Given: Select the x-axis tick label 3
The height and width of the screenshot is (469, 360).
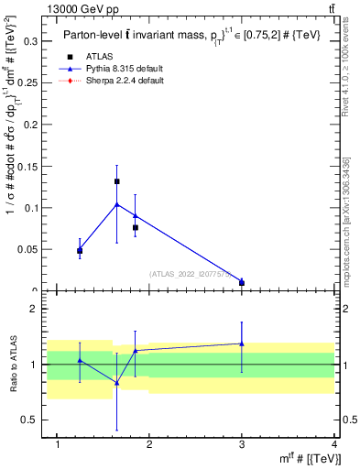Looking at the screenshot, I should point(242,445).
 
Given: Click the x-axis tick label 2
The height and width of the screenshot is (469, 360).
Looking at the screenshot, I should point(150,445).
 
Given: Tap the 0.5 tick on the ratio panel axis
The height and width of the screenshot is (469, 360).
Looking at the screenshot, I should point(34,420).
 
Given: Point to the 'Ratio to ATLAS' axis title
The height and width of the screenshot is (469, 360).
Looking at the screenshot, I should point(15,364).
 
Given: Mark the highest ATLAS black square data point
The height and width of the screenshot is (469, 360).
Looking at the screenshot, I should point(117,181).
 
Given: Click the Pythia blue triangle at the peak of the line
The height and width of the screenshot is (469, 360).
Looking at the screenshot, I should point(117,204).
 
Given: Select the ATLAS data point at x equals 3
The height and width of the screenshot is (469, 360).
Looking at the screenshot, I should point(242,283).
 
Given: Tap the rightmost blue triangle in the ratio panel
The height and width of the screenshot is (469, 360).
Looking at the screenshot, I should point(242,344).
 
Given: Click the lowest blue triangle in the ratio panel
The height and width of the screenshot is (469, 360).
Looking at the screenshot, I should point(117,383).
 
